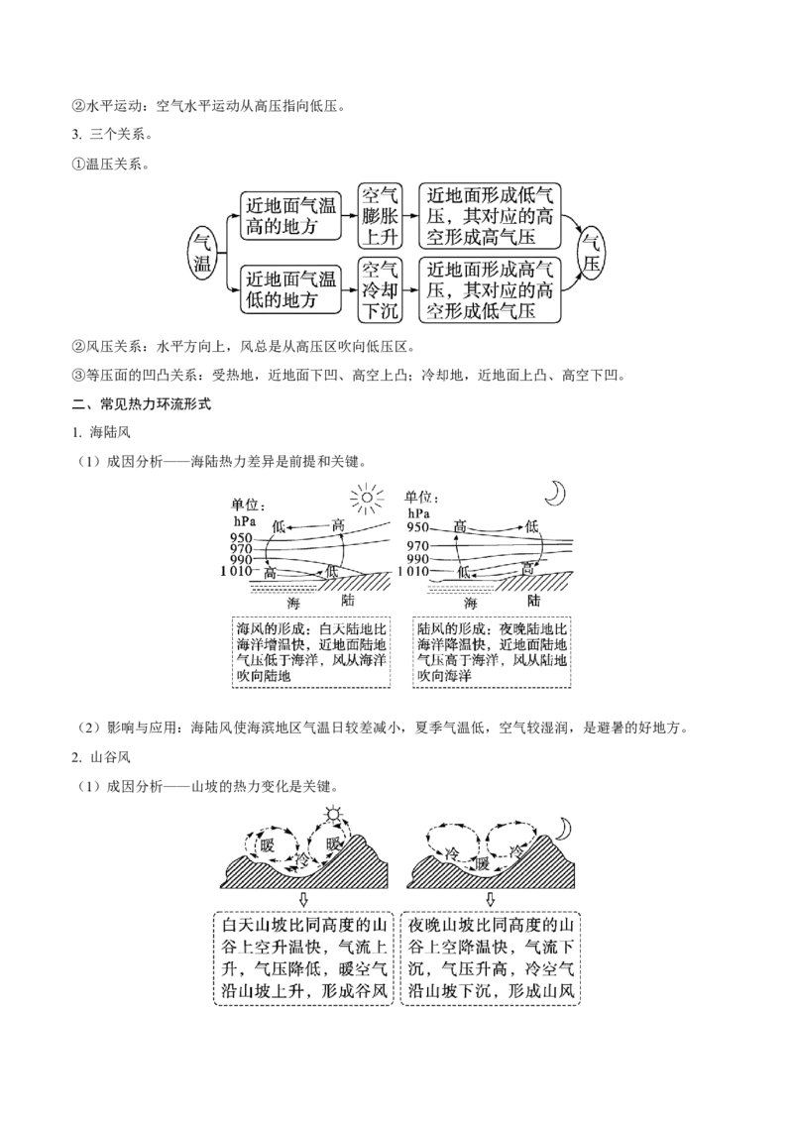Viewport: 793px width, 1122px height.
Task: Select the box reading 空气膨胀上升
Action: point(380,215)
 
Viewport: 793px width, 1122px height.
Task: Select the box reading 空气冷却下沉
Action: point(380,289)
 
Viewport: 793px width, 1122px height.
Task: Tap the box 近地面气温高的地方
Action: point(290,216)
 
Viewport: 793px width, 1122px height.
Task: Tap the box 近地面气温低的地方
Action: point(290,289)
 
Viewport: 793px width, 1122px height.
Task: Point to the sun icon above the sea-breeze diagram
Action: point(367,497)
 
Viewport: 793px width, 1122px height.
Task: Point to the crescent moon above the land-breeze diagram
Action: point(555,493)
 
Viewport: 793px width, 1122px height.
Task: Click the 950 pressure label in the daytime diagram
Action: point(241,538)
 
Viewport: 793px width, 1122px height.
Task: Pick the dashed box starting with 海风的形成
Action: point(311,652)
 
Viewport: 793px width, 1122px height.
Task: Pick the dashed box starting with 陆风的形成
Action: point(492,652)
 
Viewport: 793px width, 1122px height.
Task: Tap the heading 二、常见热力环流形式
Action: point(142,404)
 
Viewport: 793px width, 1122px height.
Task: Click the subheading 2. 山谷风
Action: point(101,757)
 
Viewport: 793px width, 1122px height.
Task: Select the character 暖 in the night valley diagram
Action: point(483,863)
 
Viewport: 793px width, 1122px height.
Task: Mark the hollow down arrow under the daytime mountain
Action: point(302,899)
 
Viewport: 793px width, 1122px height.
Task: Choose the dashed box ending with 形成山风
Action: point(491,958)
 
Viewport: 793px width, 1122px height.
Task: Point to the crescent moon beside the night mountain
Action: point(565,829)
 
